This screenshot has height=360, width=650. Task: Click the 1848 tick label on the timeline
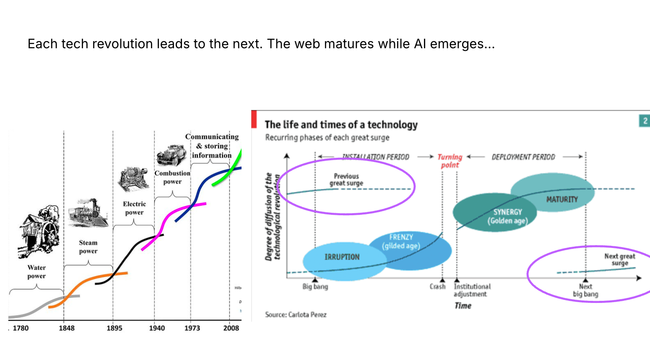tap(66, 328)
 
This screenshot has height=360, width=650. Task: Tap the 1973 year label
tap(192, 328)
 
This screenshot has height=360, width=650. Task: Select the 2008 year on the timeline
tap(231, 328)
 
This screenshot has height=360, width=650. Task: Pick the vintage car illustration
tap(172, 155)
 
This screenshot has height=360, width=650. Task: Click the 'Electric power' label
tap(134, 208)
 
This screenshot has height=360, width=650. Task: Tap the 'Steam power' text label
tap(88, 247)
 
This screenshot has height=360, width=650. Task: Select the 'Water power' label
tap(36, 271)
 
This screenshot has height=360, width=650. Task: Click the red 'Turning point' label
tap(450, 161)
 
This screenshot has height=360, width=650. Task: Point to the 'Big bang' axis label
tap(315, 287)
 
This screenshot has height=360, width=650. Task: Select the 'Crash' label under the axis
tap(437, 287)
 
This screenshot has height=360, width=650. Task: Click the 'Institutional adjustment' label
tap(472, 290)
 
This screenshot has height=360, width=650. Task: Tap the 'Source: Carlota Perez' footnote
tap(296, 315)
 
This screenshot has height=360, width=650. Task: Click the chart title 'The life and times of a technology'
tap(341, 125)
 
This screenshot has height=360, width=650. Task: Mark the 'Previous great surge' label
tap(346, 180)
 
